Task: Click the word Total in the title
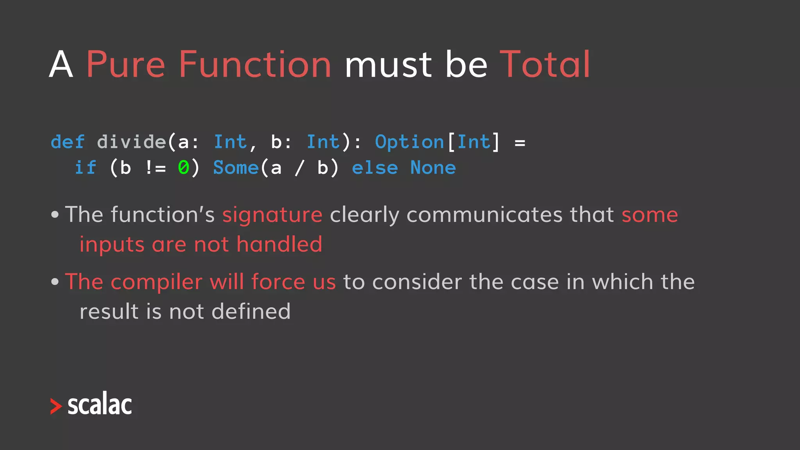coord(545,64)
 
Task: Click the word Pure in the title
coord(125,64)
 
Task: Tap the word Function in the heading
coord(255,64)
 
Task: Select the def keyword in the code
coord(68,142)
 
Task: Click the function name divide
coord(132,142)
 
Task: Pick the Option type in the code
coord(409,142)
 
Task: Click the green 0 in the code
coord(183,168)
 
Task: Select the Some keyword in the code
coord(236,168)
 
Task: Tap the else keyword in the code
coord(375,168)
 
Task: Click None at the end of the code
coord(433,168)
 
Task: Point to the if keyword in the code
coord(85,168)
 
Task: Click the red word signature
coord(272,215)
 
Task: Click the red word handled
coord(279,245)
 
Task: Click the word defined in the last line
coord(251,312)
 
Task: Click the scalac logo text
coord(100,405)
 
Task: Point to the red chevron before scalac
coord(56,406)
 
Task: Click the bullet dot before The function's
coord(55,214)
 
